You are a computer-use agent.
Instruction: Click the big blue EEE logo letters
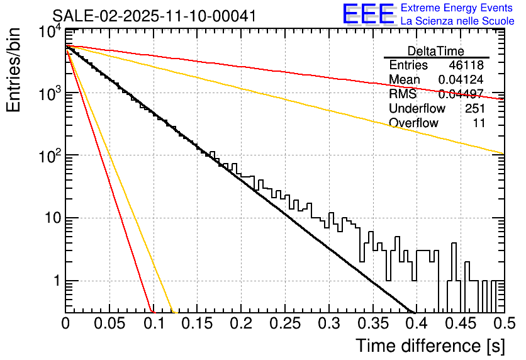pyautogui.click(x=368, y=14)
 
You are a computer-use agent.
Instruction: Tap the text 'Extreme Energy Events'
pyautogui.click(x=457, y=8)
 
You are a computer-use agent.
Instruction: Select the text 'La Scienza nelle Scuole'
pyautogui.click(x=457, y=21)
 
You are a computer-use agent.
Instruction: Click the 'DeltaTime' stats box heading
pyautogui.click(x=436, y=51)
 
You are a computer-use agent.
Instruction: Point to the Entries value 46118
pyautogui.click(x=467, y=65)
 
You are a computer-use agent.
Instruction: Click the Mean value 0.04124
pyautogui.click(x=461, y=80)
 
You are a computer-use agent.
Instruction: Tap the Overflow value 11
pyautogui.click(x=479, y=123)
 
